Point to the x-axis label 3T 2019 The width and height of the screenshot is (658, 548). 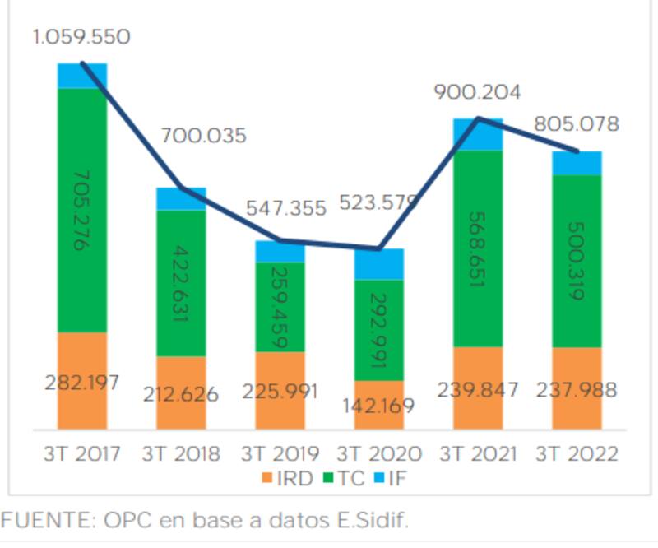click(280, 454)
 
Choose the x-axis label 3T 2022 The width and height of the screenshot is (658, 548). click(576, 454)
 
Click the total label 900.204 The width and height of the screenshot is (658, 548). click(478, 92)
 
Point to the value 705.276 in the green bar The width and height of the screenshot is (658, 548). click(82, 210)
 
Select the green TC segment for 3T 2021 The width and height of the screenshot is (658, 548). click(478, 247)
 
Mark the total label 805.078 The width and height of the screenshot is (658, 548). click(576, 124)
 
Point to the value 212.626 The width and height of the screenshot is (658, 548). click(180, 394)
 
